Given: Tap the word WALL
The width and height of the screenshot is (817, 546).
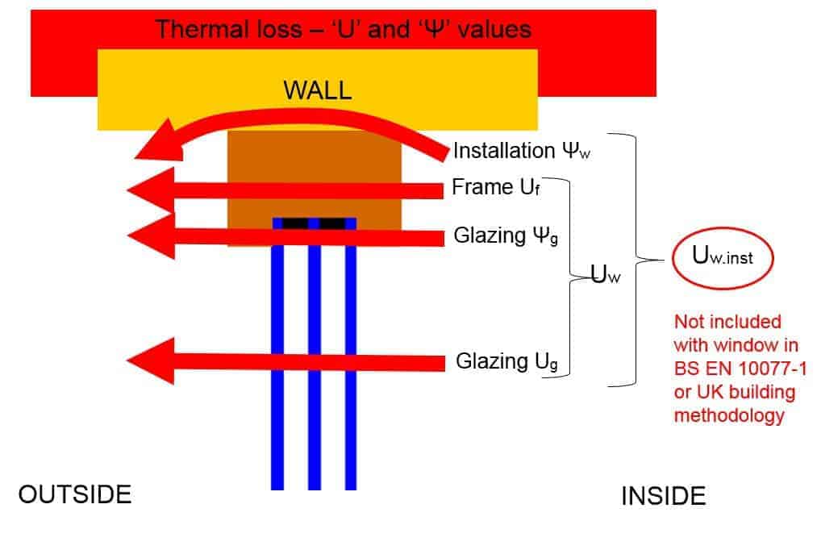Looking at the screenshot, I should [317, 90].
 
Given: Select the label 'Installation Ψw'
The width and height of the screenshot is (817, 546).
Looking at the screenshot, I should [516, 150].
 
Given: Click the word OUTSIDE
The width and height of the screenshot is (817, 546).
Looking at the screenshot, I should [74, 494].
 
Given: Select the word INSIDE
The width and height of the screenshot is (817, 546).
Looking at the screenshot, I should [663, 496].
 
